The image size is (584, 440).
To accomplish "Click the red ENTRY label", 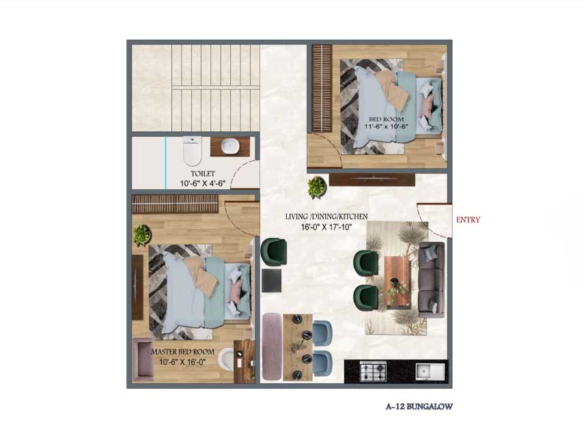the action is [x=468, y=220].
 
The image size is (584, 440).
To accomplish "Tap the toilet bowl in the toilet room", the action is [x=192, y=150].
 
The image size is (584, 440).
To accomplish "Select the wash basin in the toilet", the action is [x=230, y=146].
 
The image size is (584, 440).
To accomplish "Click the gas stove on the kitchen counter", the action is [x=373, y=372].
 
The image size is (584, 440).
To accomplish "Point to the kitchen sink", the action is [x=430, y=372].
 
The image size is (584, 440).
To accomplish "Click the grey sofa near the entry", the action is [x=432, y=280].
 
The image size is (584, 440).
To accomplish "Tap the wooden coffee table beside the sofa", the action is [x=397, y=281].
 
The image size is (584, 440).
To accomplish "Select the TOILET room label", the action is [x=203, y=174].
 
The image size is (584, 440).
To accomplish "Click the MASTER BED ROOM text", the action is [x=182, y=352].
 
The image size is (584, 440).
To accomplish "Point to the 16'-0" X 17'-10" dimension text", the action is [x=326, y=227].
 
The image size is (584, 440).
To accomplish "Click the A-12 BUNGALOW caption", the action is [x=419, y=407].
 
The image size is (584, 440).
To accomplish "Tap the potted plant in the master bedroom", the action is [x=141, y=235].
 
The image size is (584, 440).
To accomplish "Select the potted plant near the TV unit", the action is [x=317, y=187].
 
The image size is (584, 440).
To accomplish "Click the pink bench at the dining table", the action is [x=273, y=346].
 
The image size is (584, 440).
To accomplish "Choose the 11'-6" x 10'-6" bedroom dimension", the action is [x=386, y=126].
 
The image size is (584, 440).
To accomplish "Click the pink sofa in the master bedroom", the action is [x=143, y=360].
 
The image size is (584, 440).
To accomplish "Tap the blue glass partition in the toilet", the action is [x=166, y=163].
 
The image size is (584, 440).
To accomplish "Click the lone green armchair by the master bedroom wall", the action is [x=274, y=252].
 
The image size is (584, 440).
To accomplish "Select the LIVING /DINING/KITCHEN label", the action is [x=326, y=217].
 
